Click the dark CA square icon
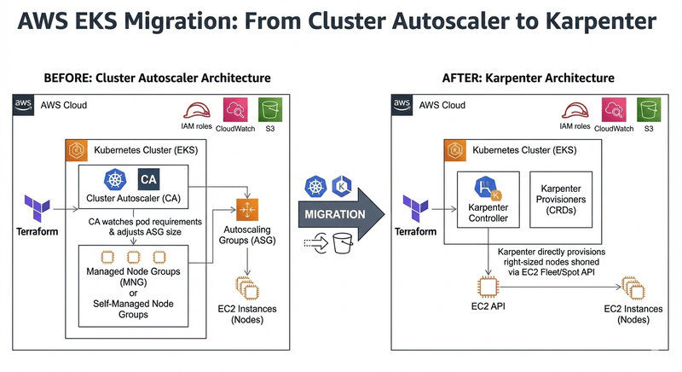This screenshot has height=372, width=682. [147, 180]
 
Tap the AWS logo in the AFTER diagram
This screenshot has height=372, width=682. [402, 105]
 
